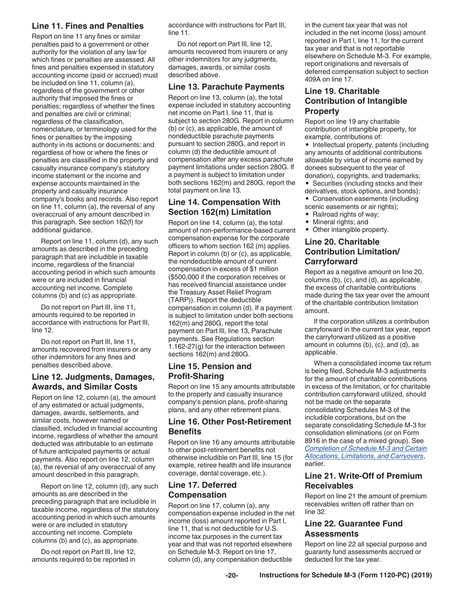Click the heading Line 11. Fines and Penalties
click(87, 26)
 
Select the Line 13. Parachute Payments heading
click(226, 86)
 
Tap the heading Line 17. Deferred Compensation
click(202, 490)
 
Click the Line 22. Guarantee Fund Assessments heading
click(354, 528)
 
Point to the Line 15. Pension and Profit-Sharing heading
click(210, 371)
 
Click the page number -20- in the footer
click(232, 575)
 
